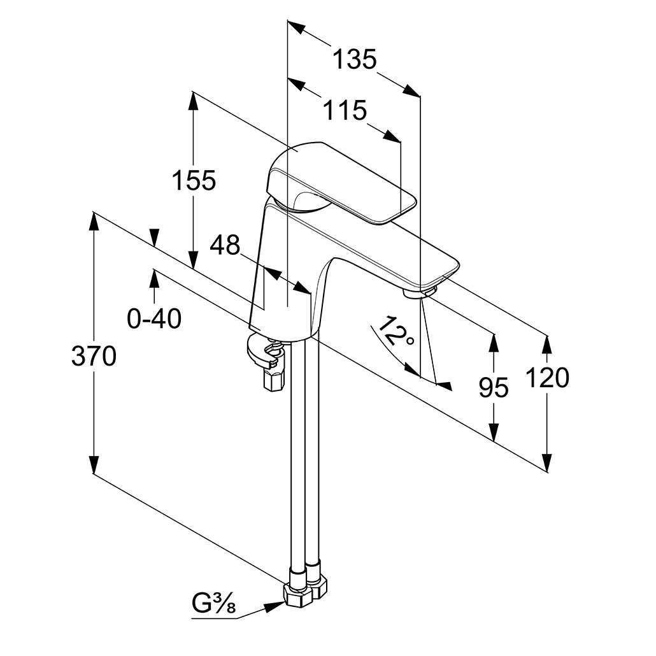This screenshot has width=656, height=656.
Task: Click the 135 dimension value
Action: [x=355, y=60]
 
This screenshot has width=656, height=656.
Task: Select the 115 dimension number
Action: [x=345, y=111]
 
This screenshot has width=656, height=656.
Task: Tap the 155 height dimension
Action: [x=194, y=181]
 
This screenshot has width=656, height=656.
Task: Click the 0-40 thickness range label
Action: [x=154, y=318]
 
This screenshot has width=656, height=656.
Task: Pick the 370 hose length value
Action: [x=94, y=357]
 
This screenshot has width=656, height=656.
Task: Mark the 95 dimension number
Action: [x=494, y=387]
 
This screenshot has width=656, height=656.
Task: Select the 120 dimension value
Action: [x=547, y=378]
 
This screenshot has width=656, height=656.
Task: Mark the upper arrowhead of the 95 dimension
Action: [x=494, y=340]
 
